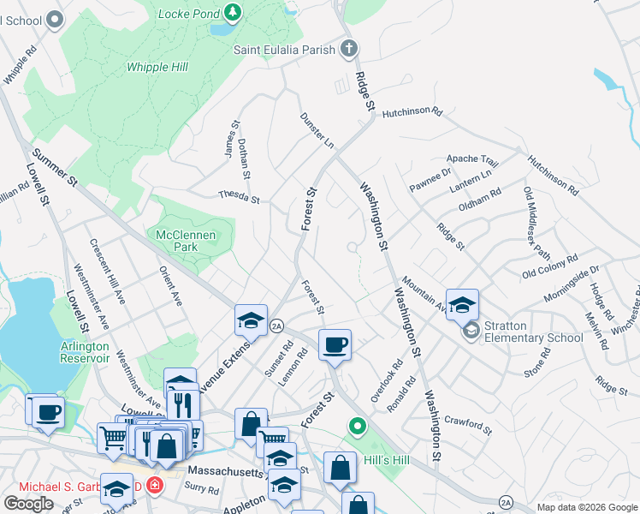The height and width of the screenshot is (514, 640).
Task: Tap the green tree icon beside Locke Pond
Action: pyautogui.click(x=232, y=13)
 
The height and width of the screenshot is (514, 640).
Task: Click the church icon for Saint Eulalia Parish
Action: pyautogui.click(x=349, y=48)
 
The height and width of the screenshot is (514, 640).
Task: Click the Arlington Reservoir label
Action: pyautogui.click(x=85, y=352)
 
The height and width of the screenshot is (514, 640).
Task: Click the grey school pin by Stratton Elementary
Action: pyautogui.click(x=471, y=330)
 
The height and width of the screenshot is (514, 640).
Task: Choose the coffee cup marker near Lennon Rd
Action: pyautogui.click(x=335, y=344)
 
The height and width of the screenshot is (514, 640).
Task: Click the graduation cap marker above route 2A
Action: pyautogui.click(x=251, y=321)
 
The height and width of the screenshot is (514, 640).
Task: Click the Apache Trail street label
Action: pyautogui.click(x=472, y=160)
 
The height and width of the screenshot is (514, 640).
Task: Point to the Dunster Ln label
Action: pyautogui.click(x=317, y=129)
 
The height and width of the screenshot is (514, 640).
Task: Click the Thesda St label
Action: pyautogui.click(x=239, y=197)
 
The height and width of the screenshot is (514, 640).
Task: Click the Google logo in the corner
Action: pyautogui.click(x=28, y=504)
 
